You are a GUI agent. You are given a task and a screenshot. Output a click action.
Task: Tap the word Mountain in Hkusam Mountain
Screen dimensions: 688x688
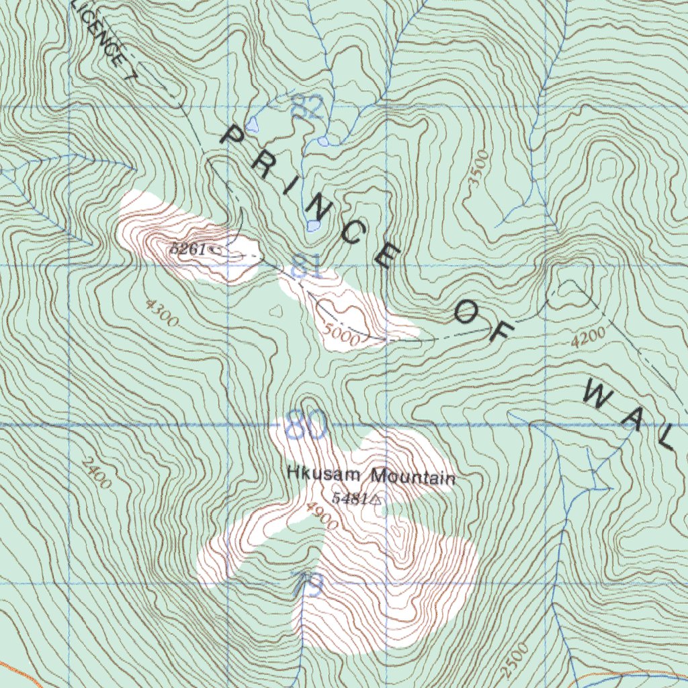(413, 477)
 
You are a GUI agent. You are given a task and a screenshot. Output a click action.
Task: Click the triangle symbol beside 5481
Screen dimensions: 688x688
(376, 500)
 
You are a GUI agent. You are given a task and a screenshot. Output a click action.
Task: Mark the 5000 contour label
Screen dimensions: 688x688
(341, 334)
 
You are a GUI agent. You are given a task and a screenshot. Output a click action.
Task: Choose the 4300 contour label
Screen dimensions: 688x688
(161, 313)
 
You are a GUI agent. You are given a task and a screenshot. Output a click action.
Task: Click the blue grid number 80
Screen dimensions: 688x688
(306, 425)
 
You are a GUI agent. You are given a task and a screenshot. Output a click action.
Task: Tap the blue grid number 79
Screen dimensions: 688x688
(306, 584)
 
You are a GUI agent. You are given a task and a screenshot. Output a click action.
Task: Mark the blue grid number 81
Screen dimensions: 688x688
(308, 267)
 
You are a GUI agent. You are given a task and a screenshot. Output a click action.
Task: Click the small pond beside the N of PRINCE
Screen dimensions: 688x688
(313, 226)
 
